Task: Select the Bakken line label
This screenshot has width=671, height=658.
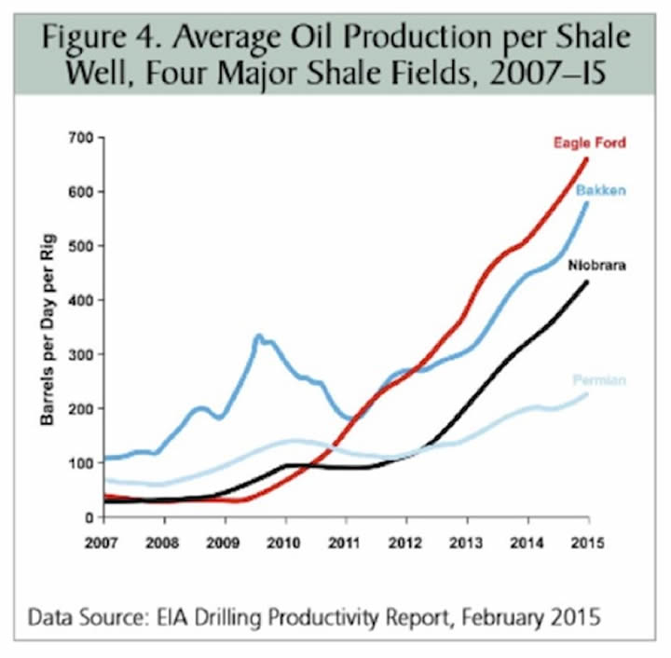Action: pos(600,191)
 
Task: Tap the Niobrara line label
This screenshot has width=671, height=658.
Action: pos(596,266)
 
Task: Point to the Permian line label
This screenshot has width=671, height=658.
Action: pos(600,380)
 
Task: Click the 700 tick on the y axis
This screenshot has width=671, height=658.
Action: pos(83,138)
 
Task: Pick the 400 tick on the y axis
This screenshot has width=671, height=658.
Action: pos(83,300)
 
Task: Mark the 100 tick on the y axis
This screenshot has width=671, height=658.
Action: pos(83,463)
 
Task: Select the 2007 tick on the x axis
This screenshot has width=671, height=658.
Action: pos(104,540)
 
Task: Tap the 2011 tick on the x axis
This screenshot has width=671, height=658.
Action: pos(346,540)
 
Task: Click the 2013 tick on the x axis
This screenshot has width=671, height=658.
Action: pos(466,540)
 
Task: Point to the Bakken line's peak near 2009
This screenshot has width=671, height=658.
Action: pos(258,336)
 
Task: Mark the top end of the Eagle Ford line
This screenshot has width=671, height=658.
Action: pos(586,158)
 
